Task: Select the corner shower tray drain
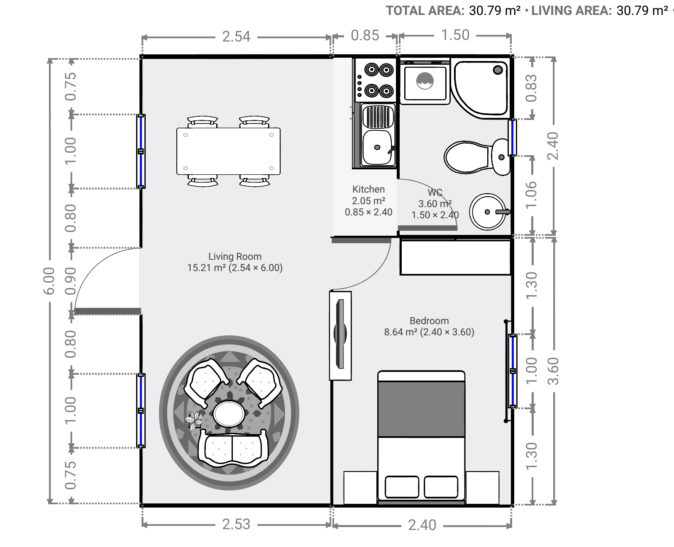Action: (x=498, y=70)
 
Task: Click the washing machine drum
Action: (x=425, y=81)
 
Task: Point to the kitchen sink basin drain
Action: (x=377, y=147)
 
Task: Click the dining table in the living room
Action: (x=228, y=151)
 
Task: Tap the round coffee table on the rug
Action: (x=229, y=413)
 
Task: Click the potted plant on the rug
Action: (x=194, y=420)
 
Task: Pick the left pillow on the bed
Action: (x=402, y=486)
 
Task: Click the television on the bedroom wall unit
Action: (x=340, y=334)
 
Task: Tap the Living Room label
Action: (x=235, y=256)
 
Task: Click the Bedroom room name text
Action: (x=429, y=321)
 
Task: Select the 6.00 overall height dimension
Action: (x=49, y=281)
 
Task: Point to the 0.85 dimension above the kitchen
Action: (x=365, y=35)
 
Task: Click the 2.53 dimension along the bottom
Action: (x=236, y=524)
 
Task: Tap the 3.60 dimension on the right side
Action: (x=554, y=371)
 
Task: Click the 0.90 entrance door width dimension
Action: (x=70, y=281)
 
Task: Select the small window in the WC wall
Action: (x=512, y=137)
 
